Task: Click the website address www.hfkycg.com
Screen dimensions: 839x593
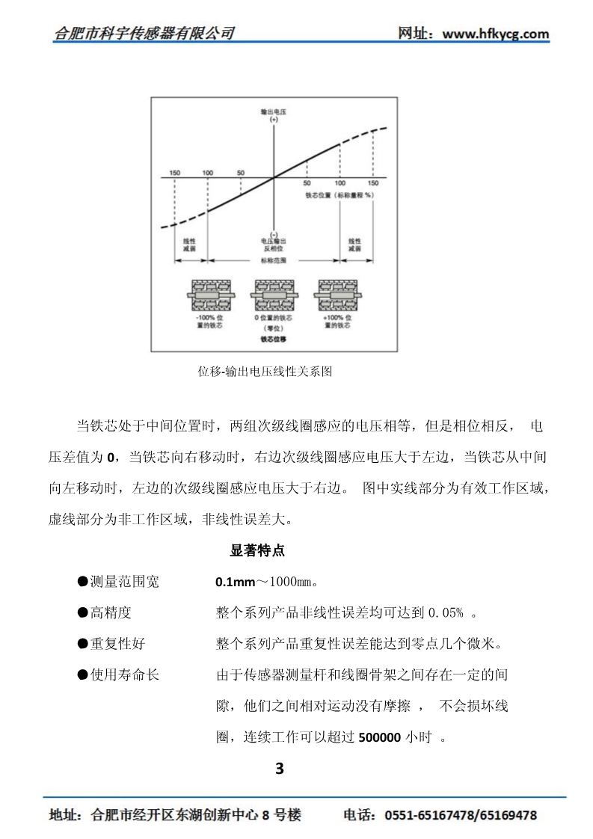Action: pos(496,34)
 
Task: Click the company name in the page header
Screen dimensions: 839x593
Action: pos(145,33)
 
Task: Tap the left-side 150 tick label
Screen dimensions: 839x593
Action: pos(174,173)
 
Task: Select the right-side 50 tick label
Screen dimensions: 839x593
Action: pos(307,183)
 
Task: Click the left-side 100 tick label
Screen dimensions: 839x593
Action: pos(207,173)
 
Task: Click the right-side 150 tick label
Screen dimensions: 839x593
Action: pos(372,183)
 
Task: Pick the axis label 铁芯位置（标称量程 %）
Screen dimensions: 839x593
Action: pos(339,194)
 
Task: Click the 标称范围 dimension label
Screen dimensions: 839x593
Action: pos(274,260)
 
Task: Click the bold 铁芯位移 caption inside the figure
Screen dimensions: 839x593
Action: pos(274,338)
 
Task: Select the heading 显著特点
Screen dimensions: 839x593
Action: pos(256,551)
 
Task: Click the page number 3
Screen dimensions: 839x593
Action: pos(280,768)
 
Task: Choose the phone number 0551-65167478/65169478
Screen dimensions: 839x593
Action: pos(460,816)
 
